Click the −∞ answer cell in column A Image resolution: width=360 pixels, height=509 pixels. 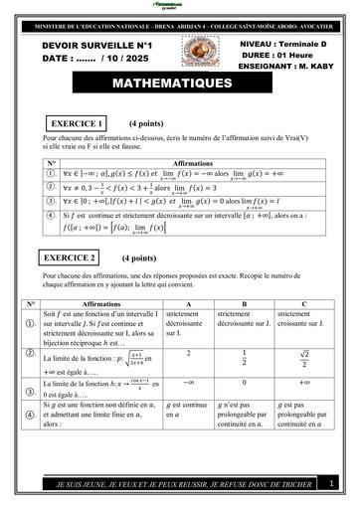tap(189, 382)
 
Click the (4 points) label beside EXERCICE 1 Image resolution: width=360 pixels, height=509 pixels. tap(151, 123)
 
